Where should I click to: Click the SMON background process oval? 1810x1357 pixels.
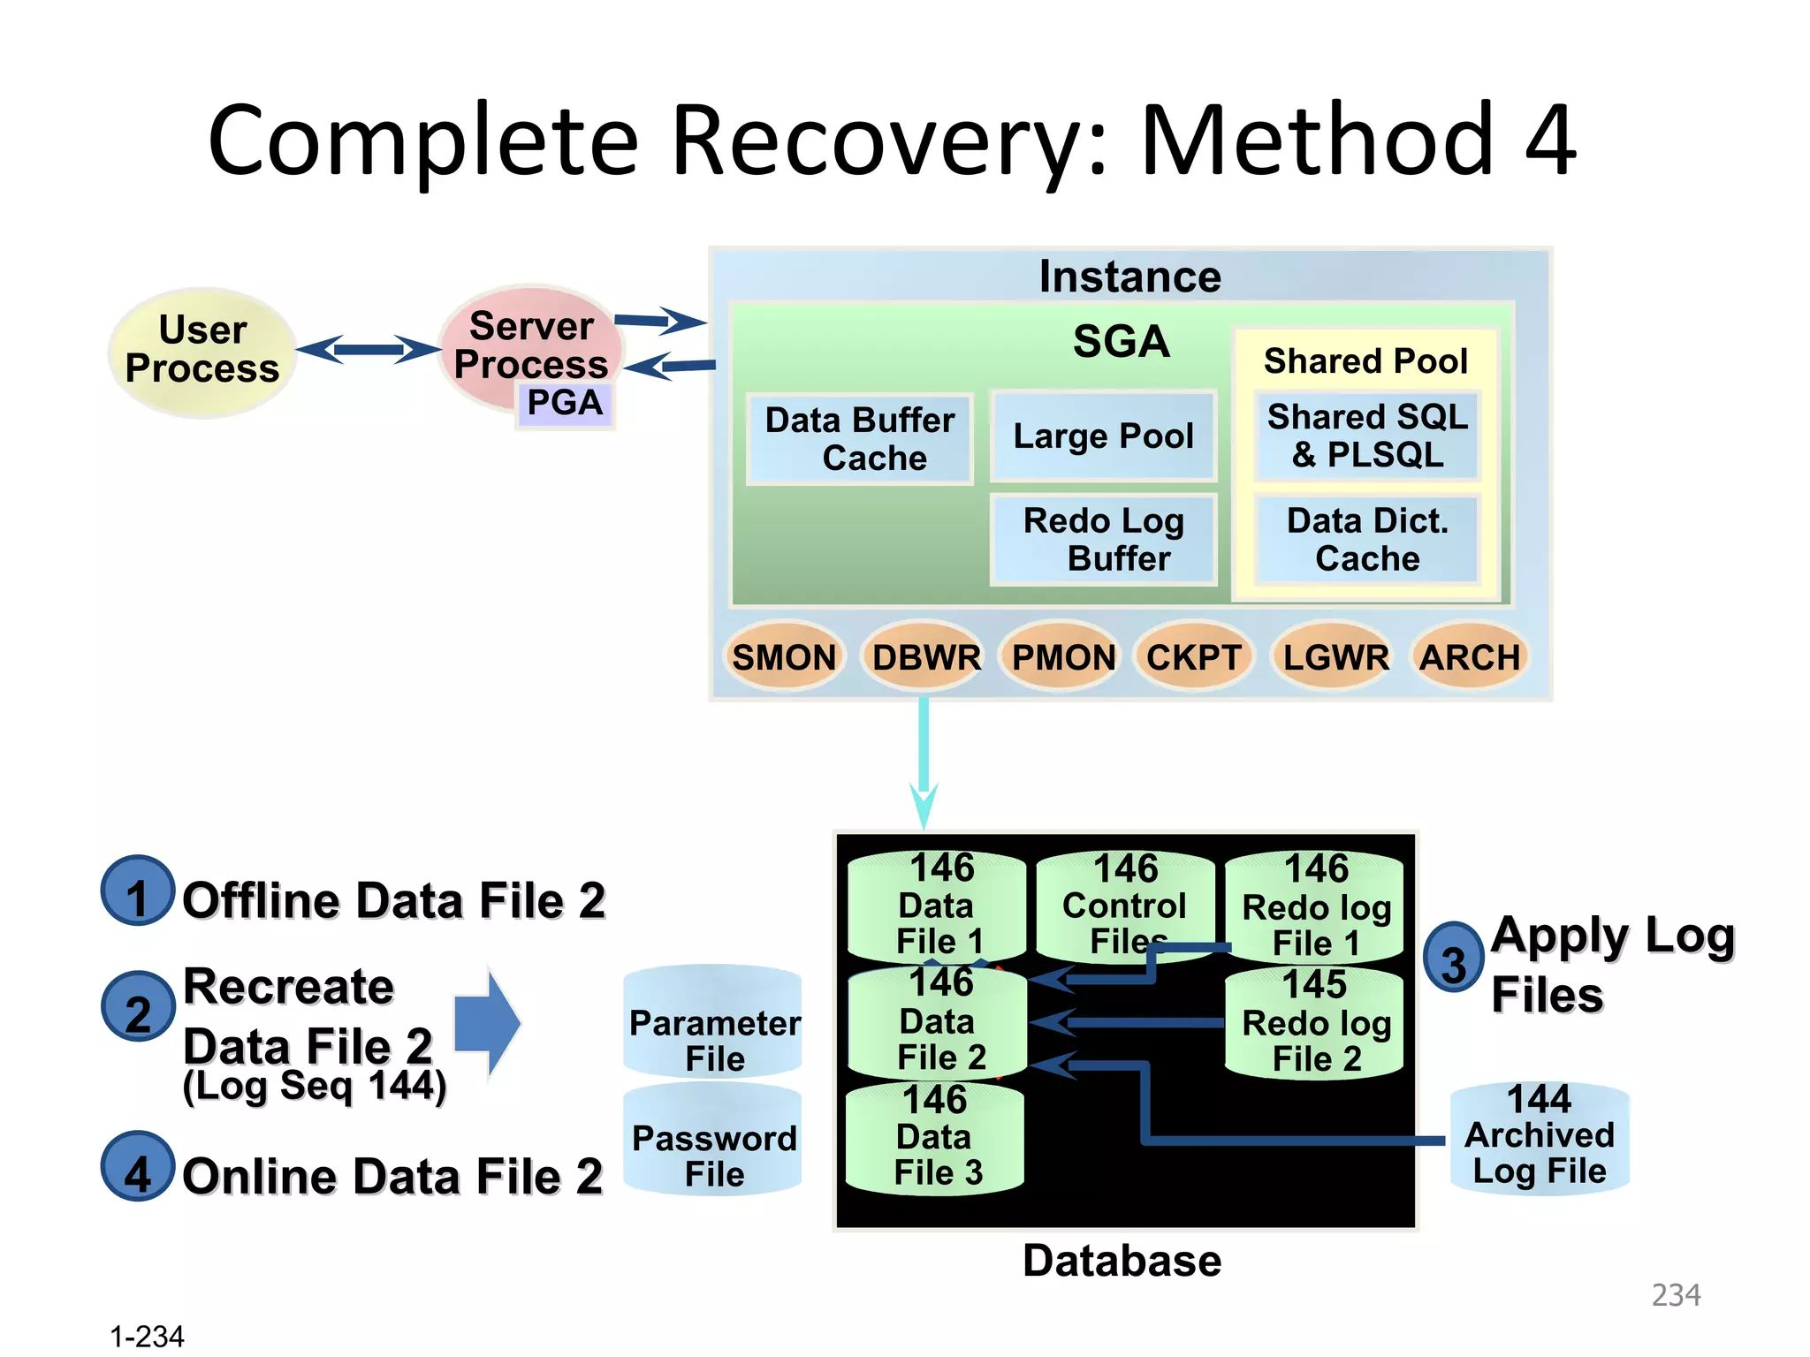(783, 657)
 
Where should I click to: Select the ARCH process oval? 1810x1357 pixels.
(1470, 657)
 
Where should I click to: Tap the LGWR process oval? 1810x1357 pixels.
(1335, 657)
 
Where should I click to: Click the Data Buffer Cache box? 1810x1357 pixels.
(860, 439)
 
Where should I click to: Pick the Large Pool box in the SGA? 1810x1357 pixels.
(1103, 436)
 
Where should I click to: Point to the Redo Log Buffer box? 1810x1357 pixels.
(1103, 540)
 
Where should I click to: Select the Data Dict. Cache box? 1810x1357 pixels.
(1366, 540)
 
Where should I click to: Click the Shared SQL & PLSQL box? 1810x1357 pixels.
(1366, 436)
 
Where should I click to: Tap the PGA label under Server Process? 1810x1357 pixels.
(565, 404)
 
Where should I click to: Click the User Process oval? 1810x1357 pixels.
(202, 351)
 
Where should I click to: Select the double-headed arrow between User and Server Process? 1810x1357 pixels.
(368, 349)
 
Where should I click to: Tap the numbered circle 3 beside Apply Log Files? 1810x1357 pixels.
(1452, 958)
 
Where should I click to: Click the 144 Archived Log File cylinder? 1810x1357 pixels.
(1539, 1138)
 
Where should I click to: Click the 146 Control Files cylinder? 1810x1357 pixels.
(1125, 906)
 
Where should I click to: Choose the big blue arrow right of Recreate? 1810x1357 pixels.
(487, 1023)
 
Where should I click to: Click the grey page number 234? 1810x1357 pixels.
(1675, 1294)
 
